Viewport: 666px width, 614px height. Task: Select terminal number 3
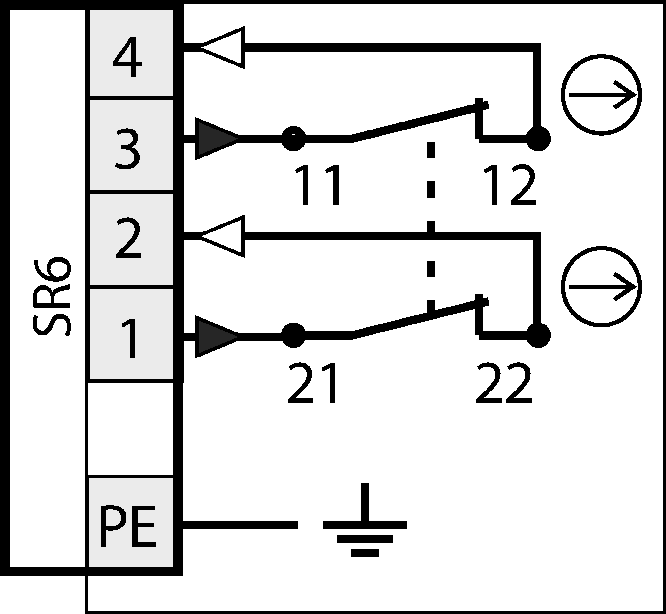(127, 149)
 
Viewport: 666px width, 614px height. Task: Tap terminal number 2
(128, 239)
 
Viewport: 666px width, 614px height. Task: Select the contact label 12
(510, 185)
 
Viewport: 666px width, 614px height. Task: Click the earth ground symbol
(365, 525)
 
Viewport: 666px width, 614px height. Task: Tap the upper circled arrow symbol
(601, 95)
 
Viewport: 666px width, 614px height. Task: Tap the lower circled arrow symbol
(601, 287)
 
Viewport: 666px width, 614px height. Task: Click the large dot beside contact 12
(539, 139)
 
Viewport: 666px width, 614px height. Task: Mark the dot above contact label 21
(293, 335)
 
